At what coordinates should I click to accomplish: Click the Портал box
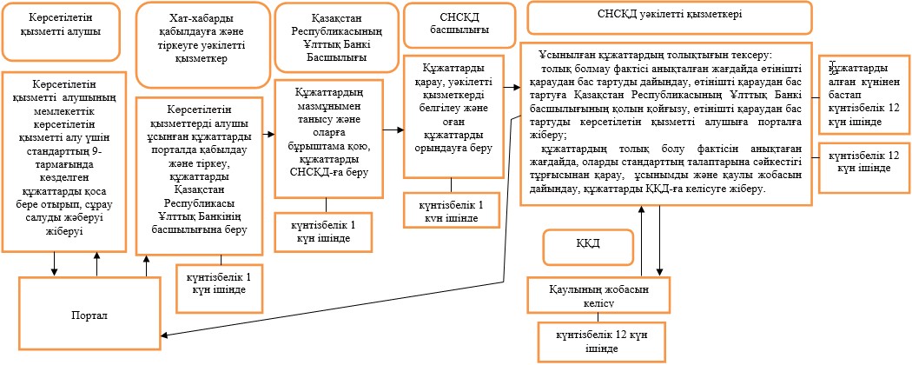coord(90,313)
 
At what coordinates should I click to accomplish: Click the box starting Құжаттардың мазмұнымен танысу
coord(329,138)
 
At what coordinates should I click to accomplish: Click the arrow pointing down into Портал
coord(55,263)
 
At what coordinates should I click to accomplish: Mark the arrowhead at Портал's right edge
coord(162,335)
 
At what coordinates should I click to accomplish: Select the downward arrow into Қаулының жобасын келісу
coord(660,241)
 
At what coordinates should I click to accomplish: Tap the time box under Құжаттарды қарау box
coord(452,210)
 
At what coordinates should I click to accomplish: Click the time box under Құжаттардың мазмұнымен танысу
coord(323,231)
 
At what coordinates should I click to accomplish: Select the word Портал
coord(90,315)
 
